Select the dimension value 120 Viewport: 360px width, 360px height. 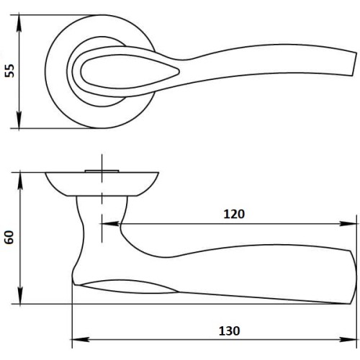tap(234, 213)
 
